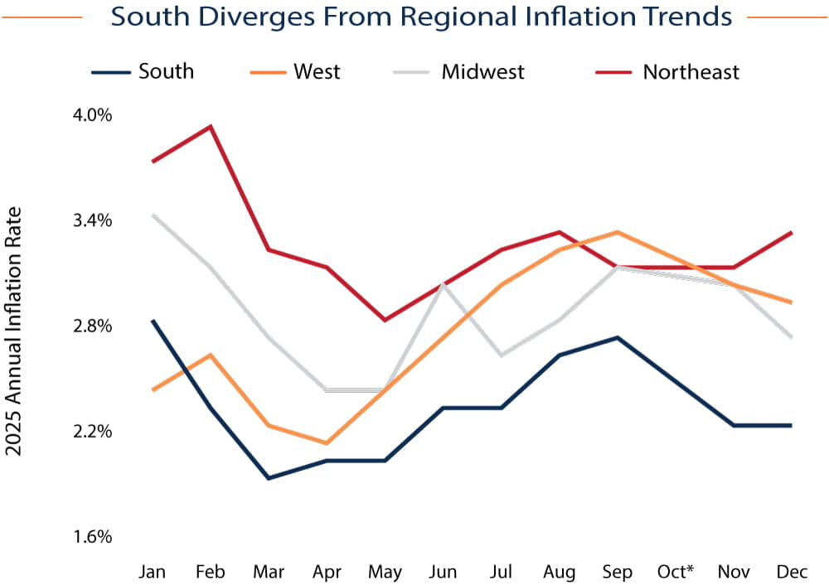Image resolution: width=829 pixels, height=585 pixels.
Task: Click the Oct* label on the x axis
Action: coord(676,573)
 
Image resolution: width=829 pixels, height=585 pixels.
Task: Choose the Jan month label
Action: coord(153,573)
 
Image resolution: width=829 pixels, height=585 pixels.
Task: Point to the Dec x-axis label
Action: coord(792,573)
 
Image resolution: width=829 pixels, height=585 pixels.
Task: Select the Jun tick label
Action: coord(444,573)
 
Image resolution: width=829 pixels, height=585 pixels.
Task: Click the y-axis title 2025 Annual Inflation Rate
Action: coord(14,331)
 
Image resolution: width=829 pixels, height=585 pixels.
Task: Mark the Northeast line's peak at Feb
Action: coord(211,126)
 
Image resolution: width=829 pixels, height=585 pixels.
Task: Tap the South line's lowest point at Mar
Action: coord(269,478)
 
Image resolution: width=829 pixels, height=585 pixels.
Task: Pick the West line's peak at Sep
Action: coord(617,232)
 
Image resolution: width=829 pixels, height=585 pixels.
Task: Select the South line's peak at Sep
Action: coord(617,337)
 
